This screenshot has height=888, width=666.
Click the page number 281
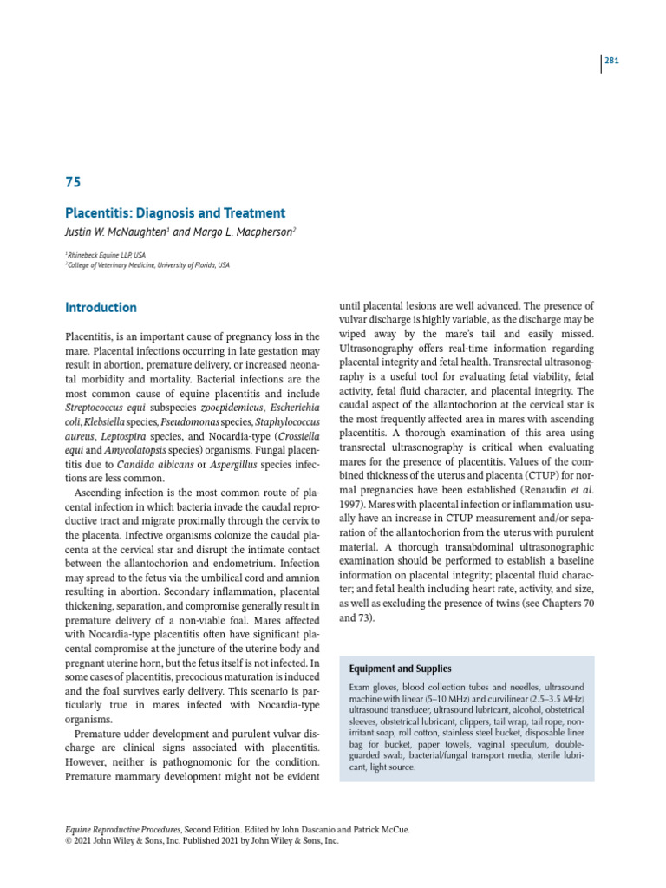[x=610, y=62]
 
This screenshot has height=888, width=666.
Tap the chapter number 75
[x=74, y=183]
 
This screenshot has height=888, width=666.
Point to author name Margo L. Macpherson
[x=251, y=232]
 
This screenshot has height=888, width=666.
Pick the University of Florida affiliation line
[x=148, y=264]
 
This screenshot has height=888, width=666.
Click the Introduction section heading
[x=101, y=308]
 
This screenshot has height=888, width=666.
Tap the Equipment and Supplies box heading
[x=399, y=669]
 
